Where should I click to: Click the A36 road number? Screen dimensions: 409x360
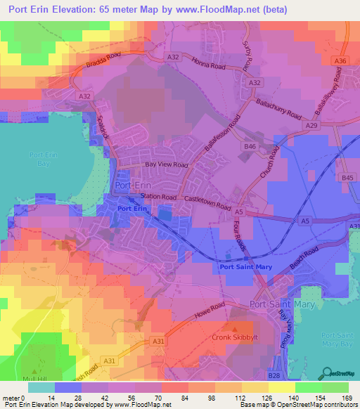pyautogui.click(x=340, y=62)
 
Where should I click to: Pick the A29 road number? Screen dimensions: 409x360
pyautogui.click(x=312, y=124)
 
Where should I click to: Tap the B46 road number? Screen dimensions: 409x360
pyautogui.click(x=250, y=146)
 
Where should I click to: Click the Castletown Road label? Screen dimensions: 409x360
pyautogui.click(x=207, y=204)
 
